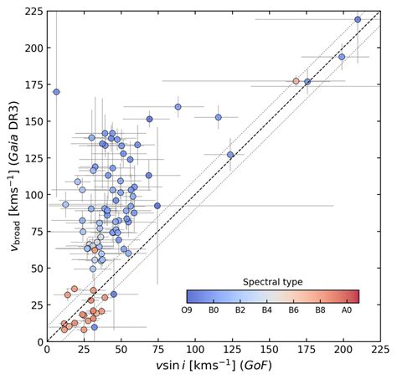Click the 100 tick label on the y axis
pos(31,195)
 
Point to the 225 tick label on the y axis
pos(31,12)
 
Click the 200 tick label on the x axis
pos(343,351)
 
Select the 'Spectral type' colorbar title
pos(272,282)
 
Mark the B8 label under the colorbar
pos(330,310)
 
